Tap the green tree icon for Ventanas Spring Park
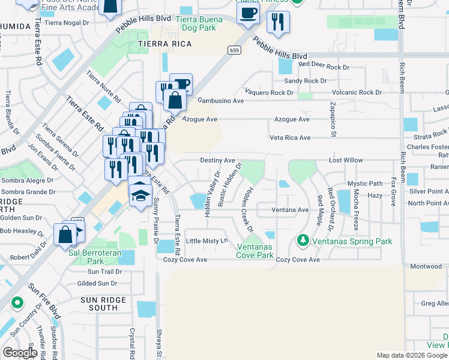(x=303, y=241)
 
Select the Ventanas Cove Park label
(x=255, y=251)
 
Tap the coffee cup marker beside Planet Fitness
(x=248, y=13)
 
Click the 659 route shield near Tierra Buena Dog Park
(x=235, y=51)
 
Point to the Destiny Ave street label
(x=217, y=161)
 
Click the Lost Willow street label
(x=346, y=161)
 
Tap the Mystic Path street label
(x=365, y=184)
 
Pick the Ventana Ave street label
(x=290, y=210)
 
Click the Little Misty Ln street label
(x=208, y=241)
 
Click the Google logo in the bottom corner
(x=20, y=353)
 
